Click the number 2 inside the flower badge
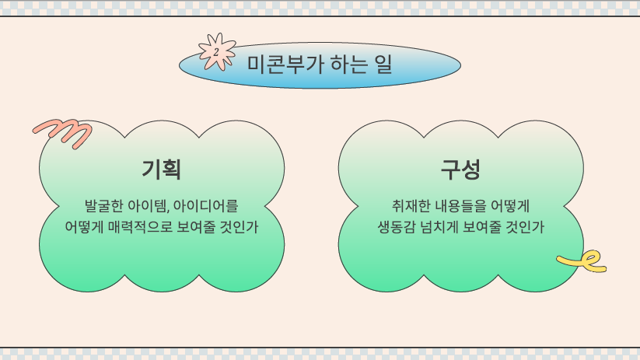[216, 52]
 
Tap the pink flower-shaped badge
[217, 52]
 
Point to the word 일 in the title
[383, 65]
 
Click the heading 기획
[161, 169]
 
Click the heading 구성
[460, 169]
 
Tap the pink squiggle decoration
[63, 133]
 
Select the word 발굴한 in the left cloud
[103, 206]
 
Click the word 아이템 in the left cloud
[147, 206]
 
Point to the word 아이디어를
[206, 206]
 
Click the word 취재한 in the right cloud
[411, 206]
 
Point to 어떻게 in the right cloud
[510, 206]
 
